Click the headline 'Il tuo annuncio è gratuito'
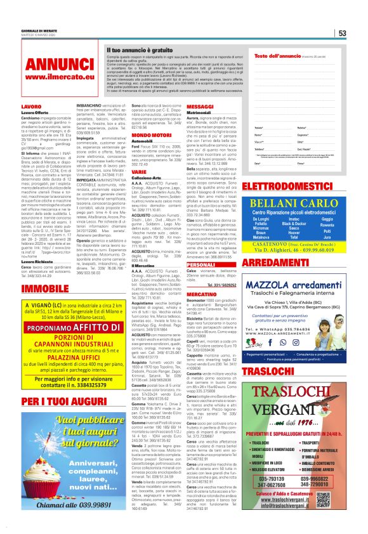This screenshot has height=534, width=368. coord(140,49)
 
